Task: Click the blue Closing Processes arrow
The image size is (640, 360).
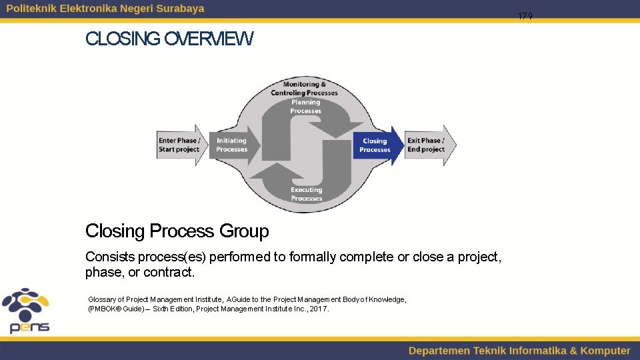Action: [377, 145]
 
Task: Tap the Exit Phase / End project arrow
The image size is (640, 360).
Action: [429, 145]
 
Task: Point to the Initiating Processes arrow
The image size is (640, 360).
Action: [231, 145]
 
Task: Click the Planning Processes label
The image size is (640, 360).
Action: [305, 107]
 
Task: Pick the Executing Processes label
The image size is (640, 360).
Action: [306, 194]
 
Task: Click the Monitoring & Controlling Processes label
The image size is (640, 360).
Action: [304, 89]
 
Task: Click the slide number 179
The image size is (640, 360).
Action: [525, 16]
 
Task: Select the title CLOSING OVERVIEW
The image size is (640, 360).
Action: [169, 39]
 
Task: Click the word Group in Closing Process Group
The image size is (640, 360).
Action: [244, 231]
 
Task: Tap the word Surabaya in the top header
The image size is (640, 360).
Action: [180, 9]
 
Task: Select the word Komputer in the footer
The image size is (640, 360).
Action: [605, 351]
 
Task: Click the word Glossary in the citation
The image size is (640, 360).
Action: [102, 300]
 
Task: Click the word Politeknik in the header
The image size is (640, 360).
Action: [32, 9]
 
